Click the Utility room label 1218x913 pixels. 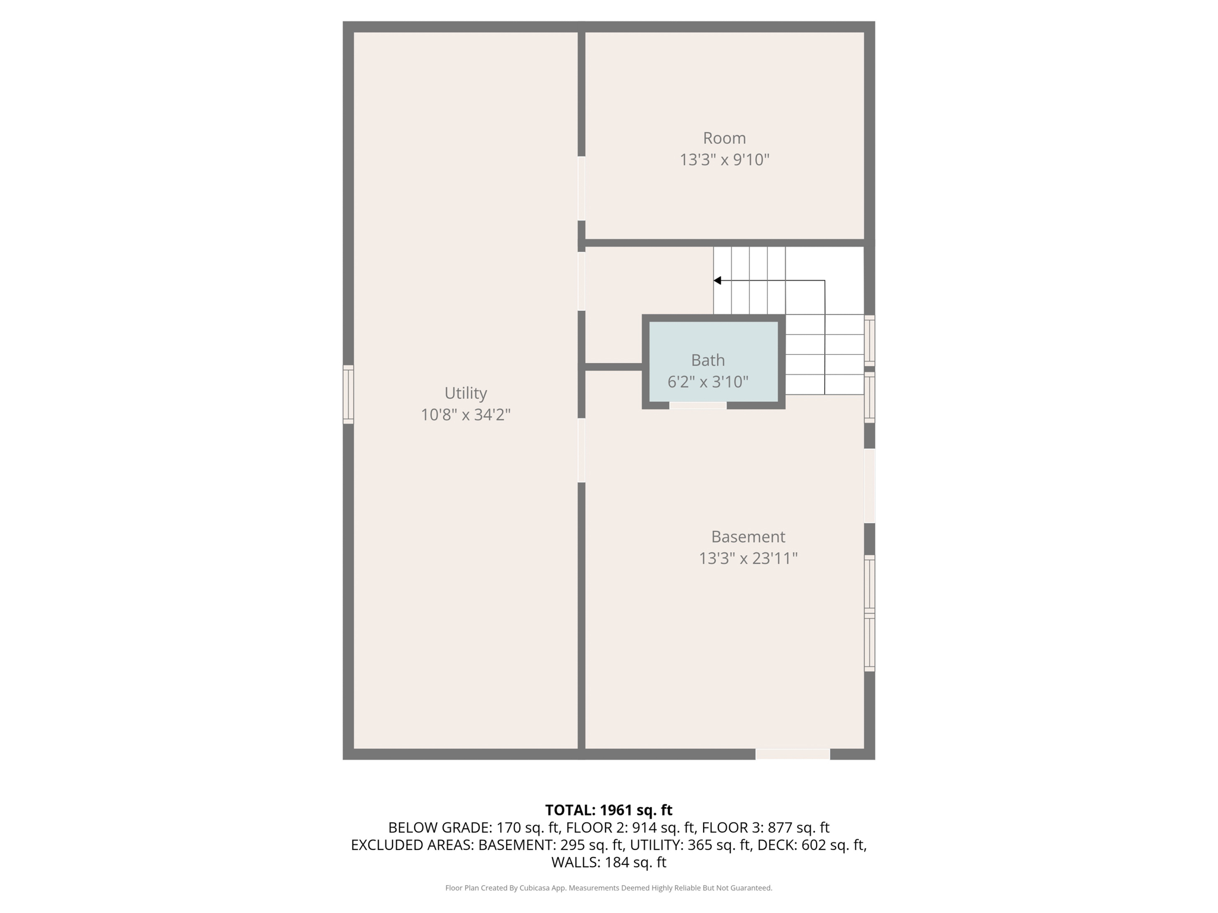(466, 393)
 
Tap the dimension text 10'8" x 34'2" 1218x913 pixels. (466, 414)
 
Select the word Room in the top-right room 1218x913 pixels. (724, 138)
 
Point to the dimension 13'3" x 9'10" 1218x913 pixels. (724, 159)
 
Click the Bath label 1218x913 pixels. (708, 360)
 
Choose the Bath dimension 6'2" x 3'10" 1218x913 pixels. (708, 382)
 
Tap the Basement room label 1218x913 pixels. (748, 537)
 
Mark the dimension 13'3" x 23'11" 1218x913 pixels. (748, 558)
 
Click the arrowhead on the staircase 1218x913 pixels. (717, 281)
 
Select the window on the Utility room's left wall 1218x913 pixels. (349, 394)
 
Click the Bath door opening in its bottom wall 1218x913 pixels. (698, 405)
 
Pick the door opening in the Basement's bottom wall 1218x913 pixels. (793, 754)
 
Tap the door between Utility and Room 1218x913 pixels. (582, 188)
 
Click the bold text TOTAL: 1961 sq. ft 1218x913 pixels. (609, 810)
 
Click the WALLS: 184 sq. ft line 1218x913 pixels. (609, 862)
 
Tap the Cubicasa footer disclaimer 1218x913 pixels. (609, 888)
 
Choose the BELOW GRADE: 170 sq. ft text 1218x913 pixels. (474, 827)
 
